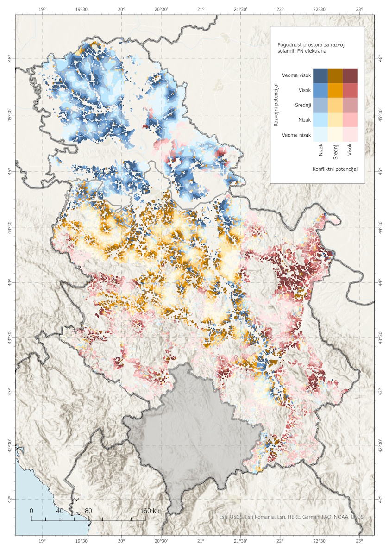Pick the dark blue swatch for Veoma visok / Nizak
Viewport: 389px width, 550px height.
point(320,75)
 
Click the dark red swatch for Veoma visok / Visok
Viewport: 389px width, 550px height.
point(350,75)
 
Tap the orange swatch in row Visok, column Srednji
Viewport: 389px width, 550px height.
point(335,90)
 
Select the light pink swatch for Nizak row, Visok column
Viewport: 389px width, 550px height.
point(350,120)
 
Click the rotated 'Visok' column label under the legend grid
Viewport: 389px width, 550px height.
point(350,149)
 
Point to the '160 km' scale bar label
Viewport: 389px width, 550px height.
point(151,511)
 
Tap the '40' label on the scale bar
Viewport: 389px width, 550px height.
point(60,511)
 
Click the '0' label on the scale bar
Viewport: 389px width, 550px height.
point(31,511)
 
